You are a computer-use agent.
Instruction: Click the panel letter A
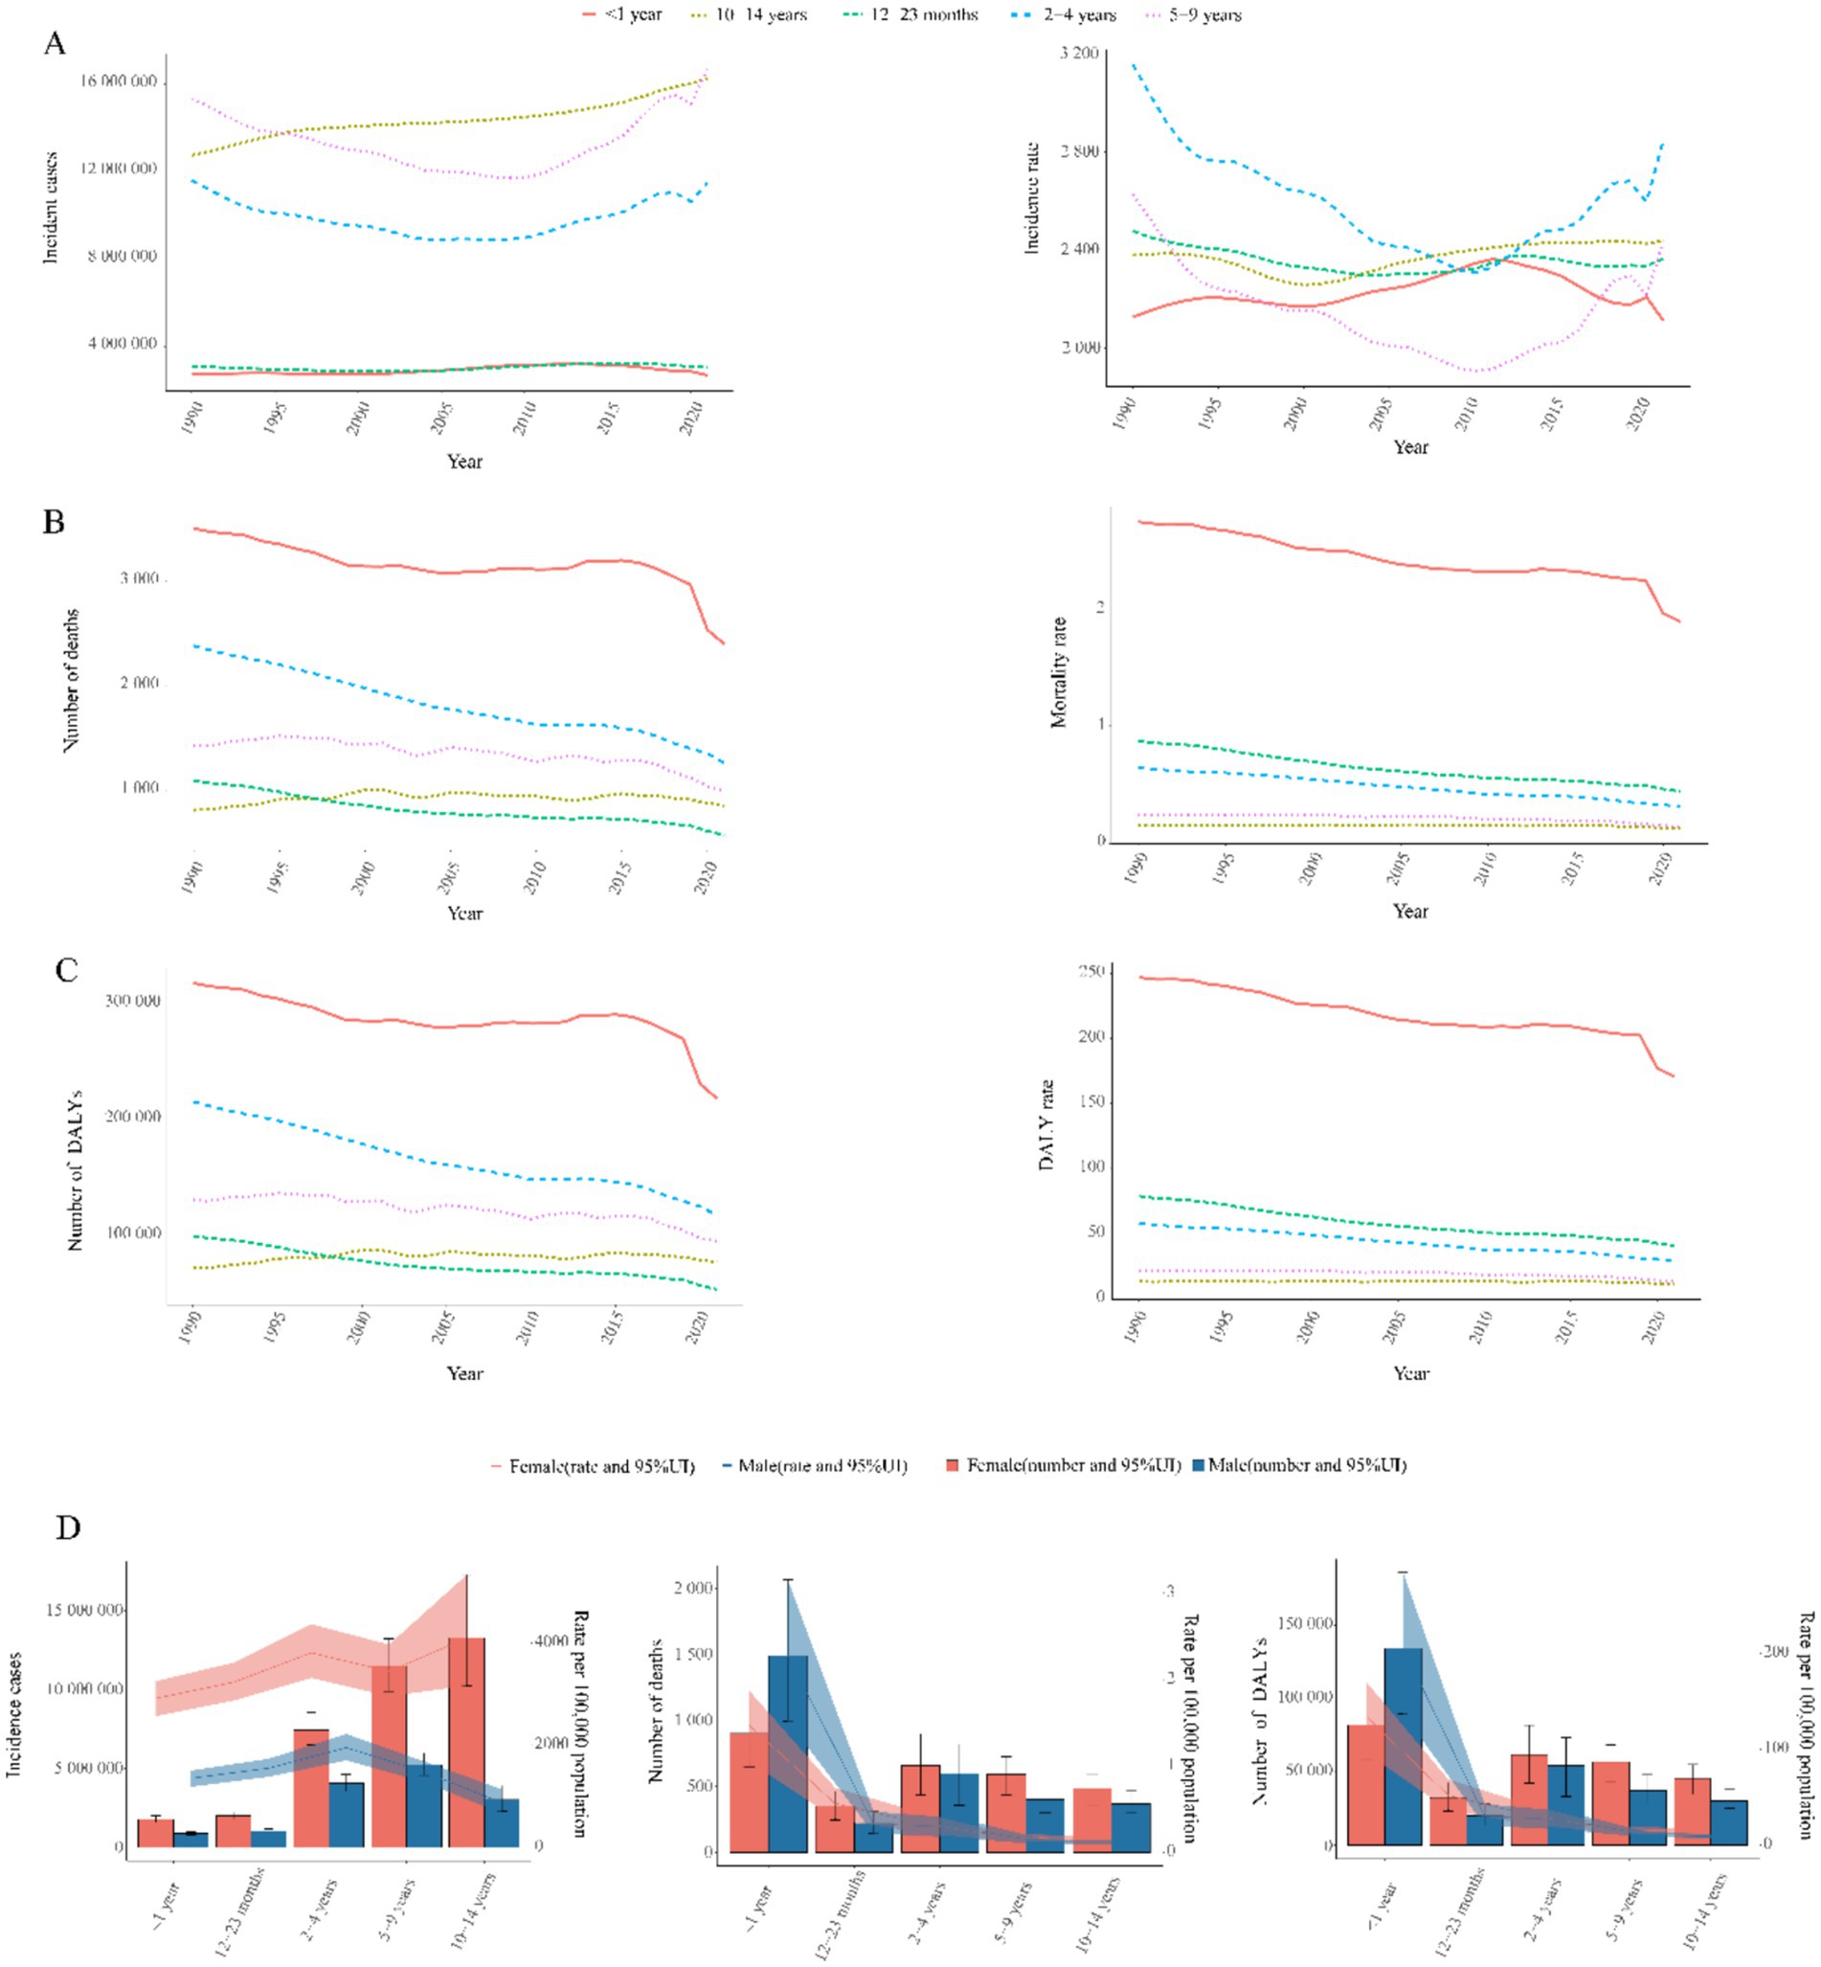click(55, 44)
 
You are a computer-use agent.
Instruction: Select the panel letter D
click(67, 1528)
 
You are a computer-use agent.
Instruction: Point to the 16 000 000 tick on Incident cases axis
click(119, 80)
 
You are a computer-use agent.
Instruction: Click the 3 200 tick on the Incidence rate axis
click(1079, 53)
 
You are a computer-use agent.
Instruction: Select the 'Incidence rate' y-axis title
click(1032, 198)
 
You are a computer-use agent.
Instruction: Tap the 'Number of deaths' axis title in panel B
click(70, 681)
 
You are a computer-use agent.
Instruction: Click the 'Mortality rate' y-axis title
click(1059, 672)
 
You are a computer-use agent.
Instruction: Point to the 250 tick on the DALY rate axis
click(1091, 972)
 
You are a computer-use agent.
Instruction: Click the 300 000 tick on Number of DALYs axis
click(132, 1002)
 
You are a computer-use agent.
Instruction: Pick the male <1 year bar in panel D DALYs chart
click(1403, 1745)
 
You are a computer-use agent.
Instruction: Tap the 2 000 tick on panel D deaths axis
click(692, 1588)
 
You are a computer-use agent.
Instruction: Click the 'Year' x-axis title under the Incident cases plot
click(464, 462)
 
